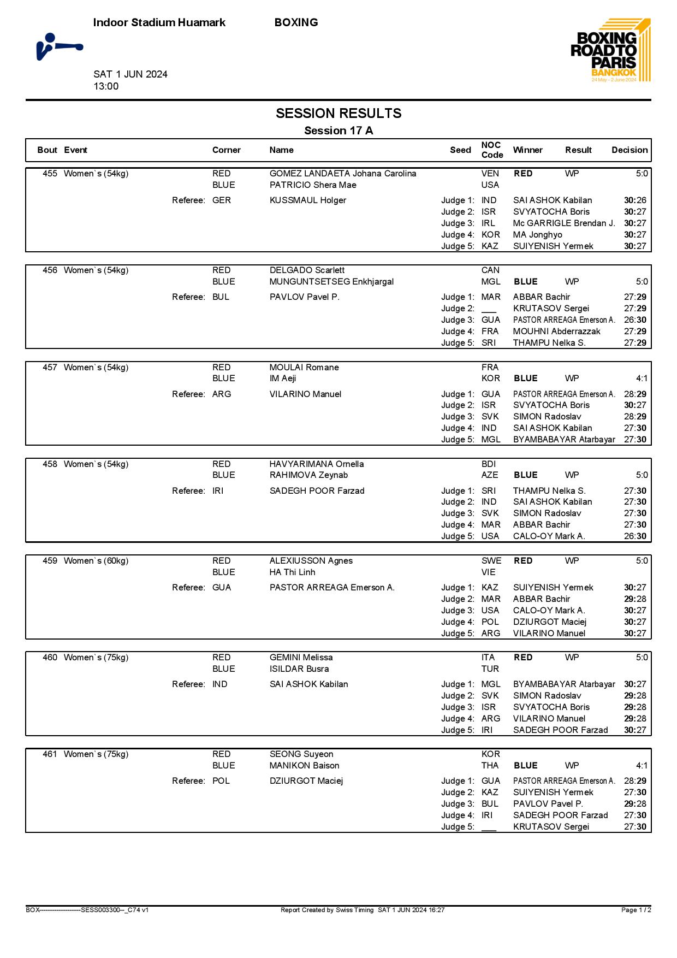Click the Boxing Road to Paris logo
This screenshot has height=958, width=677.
610,50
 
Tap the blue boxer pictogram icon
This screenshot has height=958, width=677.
60,46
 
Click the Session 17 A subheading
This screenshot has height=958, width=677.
339,131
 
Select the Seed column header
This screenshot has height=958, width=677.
460,150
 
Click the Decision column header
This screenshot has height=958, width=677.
630,150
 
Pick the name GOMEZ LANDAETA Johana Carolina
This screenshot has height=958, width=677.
343,174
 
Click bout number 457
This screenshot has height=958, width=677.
50,368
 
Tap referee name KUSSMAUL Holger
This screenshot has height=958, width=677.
308,200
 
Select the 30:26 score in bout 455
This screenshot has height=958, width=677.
635,200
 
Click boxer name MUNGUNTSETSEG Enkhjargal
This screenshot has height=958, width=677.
331,282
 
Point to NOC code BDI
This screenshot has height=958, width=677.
489,464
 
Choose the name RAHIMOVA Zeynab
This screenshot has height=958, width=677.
308,475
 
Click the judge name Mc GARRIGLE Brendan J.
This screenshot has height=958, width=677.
564,223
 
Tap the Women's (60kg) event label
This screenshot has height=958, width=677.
96,561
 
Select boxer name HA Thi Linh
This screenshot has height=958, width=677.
292,572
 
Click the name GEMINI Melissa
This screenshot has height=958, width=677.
301,658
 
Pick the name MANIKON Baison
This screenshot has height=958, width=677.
304,766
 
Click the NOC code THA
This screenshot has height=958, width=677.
490,766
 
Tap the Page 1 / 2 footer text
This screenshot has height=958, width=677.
636,910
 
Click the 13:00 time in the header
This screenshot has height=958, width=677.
106,86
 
